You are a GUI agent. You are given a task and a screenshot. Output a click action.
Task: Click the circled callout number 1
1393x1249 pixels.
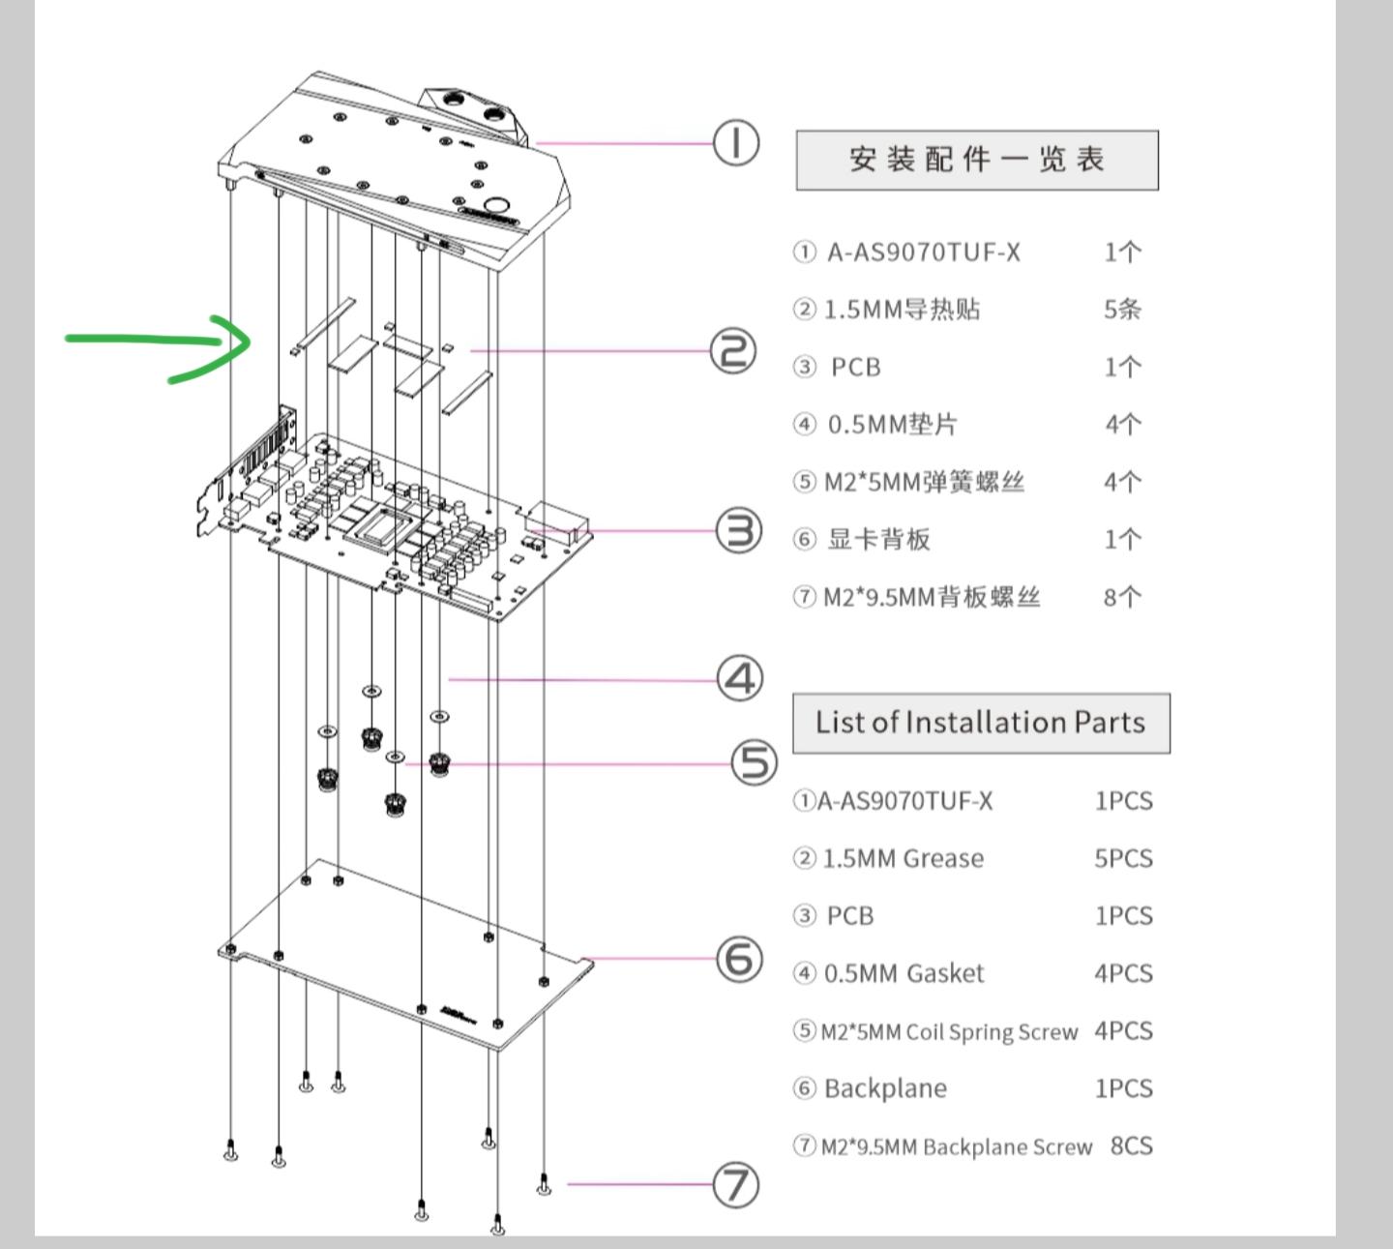736,143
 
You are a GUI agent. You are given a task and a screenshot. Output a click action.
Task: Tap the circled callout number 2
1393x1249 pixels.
733,350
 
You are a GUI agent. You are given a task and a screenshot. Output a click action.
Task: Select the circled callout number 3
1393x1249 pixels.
739,531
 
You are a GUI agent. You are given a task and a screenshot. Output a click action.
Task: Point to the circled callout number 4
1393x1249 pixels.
740,679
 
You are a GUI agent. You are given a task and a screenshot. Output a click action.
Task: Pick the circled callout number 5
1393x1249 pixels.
754,763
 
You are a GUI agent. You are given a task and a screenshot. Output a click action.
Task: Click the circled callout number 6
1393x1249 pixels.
739,959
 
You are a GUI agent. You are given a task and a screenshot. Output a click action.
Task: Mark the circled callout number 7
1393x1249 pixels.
735,1185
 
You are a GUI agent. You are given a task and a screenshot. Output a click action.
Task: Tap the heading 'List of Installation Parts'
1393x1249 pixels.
980,723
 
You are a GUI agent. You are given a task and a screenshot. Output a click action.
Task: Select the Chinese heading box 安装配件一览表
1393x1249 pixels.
976,160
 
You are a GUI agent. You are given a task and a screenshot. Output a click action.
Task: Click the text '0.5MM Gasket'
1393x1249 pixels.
904,973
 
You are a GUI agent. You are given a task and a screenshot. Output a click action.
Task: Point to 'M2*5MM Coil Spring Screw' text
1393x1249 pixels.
949,1032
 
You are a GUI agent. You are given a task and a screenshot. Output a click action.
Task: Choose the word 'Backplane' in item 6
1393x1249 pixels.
885,1088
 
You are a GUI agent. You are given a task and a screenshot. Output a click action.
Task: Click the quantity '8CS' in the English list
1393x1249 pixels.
1131,1146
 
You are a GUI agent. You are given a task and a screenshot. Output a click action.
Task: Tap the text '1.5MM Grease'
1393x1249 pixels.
903,859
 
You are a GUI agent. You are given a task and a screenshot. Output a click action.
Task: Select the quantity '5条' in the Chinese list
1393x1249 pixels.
1122,310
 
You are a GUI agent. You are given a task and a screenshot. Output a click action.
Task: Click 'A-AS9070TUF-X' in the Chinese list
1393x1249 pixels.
923,253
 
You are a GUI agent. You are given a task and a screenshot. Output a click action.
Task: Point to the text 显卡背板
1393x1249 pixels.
878,540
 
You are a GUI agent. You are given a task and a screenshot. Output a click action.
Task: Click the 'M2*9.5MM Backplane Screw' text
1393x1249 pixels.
956,1147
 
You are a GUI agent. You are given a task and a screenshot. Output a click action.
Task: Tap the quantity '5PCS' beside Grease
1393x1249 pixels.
1122,859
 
